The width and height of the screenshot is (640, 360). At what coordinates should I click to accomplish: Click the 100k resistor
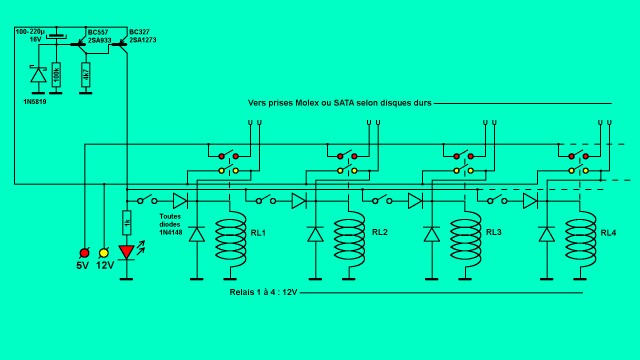56,75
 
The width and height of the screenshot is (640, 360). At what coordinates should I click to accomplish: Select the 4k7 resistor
86,75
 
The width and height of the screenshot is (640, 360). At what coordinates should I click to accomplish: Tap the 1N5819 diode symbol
37,74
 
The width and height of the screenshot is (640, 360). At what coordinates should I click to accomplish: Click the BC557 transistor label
98,33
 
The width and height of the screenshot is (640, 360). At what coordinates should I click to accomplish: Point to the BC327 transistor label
141,33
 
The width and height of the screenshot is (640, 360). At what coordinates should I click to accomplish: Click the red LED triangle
126,252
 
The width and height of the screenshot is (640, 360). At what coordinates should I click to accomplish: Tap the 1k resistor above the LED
126,222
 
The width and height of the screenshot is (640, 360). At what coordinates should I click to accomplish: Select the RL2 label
379,233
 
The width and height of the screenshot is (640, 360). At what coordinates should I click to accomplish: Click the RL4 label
608,233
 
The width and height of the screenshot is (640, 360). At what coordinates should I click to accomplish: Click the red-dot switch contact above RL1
226,156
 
